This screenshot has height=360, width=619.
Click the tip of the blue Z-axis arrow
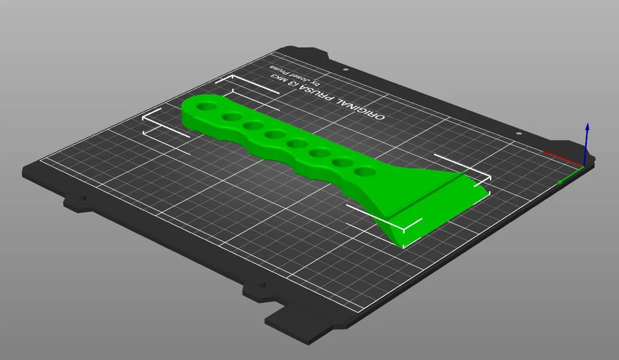(x=587, y=125)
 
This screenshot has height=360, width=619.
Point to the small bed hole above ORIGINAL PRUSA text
(x=345, y=70)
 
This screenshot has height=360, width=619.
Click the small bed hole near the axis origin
(x=519, y=134)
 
